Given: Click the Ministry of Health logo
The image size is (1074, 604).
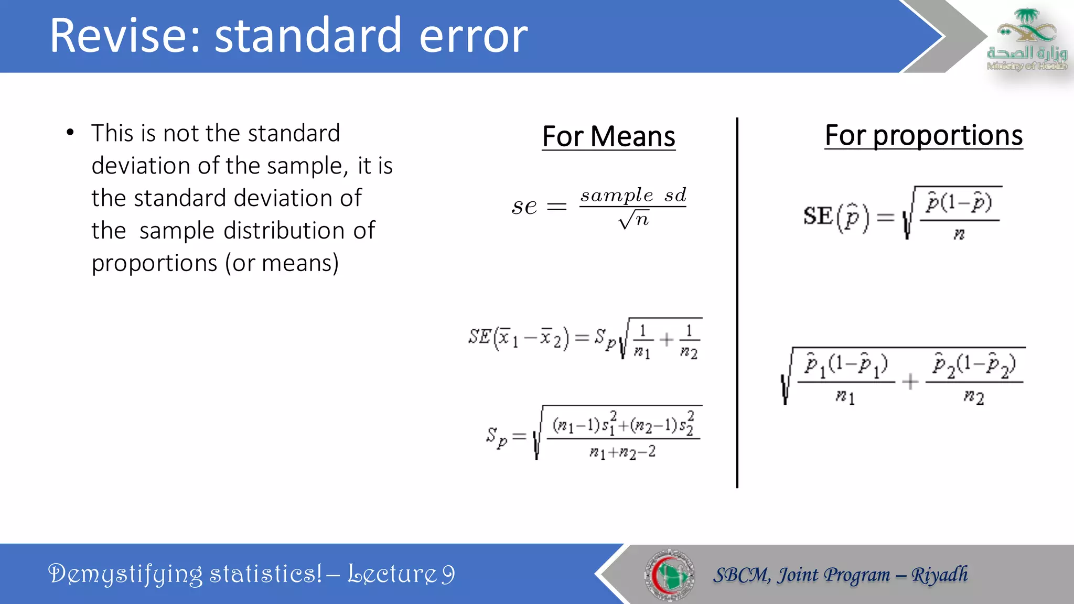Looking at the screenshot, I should pyautogui.click(x=1027, y=40).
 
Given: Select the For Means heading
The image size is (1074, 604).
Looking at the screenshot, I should pyautogui.click(x=608, y=136).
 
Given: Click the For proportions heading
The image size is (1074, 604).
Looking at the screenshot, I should pyautogui.click(x=923, y=135).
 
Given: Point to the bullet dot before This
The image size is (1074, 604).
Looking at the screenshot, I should pyautogui.click(x=70, y=133).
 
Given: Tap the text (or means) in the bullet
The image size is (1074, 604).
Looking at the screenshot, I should pyautogui.click(x=282, y=263).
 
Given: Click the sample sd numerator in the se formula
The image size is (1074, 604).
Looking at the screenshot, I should pyautogui.click(x=633, y=195).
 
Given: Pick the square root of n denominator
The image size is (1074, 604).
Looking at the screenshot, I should pyautogui.click(x=633, y=219).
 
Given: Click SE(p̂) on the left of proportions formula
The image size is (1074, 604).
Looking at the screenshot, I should pyautogui.click(x=835, y=216).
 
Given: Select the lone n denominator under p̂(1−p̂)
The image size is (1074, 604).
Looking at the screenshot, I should pyautogui.click(x=959, y=234).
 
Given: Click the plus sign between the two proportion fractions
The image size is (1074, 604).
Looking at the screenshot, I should pyautogui.click(x=910, y=382).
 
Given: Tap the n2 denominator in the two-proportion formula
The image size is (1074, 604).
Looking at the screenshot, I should pyautogui.click(x=973, y=397).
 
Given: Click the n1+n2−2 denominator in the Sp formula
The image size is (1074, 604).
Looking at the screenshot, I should pyautogui.click(x=622, y=452).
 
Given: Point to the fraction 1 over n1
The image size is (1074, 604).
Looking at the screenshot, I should pyautogui.click(x=642, y=341).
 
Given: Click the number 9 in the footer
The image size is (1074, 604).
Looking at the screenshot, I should pyautogui.click(x=447, y=574).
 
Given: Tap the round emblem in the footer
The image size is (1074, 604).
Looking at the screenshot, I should pyautogui.click(x=669, y=575).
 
